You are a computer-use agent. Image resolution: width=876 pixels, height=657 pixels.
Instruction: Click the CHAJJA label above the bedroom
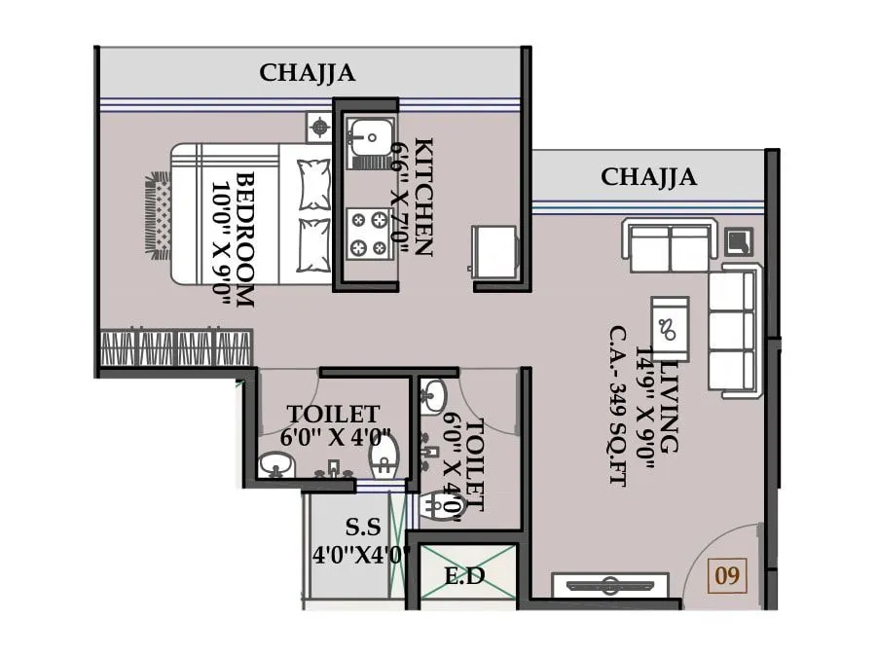pyautogui.click(x=308, y=73)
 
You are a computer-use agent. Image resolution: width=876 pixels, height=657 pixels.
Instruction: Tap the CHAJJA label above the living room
pyautogui.click(x=648, y=177)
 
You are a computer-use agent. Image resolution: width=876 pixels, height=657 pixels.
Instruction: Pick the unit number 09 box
pyautogui.click(x=727, y=575)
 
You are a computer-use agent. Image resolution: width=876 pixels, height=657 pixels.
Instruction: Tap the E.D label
pyautogui.click(x=464, y=576)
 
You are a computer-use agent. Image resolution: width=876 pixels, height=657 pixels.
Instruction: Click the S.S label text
pyautogui.click(x=365, y=529)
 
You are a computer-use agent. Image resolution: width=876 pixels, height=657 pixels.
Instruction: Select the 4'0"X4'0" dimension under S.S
pyautogui.click(x=361, y=556)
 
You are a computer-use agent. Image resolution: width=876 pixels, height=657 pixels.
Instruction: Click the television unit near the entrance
pyautogui.click(x=610, y=586)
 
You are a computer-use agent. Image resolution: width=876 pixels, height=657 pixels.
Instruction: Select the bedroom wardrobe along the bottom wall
pyautogui.click(x=176, y=347)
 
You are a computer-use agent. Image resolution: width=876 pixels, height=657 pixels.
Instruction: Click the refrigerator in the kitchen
pyautogui.click(x=493, y=250)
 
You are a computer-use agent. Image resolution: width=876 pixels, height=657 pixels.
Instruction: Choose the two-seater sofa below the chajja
pyautogui.click(x=669, y=246)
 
